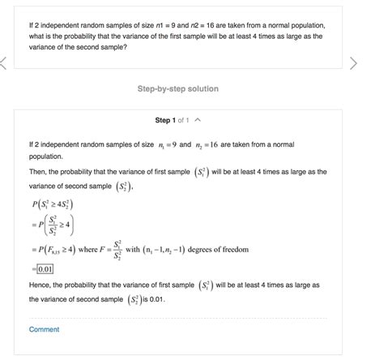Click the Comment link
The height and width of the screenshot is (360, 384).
point(44,329)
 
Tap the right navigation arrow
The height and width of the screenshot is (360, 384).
point(352,63)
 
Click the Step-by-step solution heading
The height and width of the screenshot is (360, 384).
point(177,88)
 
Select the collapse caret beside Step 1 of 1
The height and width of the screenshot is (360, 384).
point(199,120)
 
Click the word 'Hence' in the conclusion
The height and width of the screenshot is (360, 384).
point(40,285)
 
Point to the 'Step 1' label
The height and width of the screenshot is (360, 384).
point(164,120)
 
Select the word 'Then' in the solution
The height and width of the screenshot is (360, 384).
point(37,172)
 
